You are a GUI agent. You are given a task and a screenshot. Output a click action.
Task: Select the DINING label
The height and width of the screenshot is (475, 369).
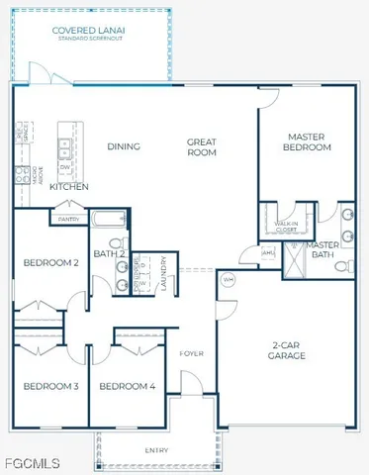click(x=124, y=146)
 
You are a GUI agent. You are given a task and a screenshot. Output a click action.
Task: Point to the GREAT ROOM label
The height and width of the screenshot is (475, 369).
click(x=203, y=147)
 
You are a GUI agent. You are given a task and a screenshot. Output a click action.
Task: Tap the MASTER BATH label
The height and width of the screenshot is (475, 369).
click(x=323, y=249)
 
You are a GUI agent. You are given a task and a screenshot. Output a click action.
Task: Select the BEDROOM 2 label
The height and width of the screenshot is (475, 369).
click(x=51, y=262)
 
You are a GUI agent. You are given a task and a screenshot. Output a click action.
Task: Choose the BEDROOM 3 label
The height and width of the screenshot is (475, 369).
click(x=51, y=385)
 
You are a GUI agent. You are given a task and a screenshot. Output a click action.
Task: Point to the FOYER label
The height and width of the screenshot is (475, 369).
click(x=191, y=353)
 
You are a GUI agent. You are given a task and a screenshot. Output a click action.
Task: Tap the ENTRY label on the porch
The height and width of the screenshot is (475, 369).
click(x=156, y=450)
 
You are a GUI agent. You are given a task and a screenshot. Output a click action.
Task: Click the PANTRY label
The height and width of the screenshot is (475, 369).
click(x=69, y=219)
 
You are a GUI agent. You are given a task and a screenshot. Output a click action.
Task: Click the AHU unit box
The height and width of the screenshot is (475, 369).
click(x=267, y=252)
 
